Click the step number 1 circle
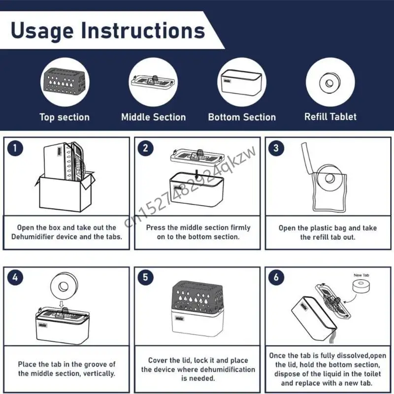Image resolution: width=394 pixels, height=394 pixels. pos(15,148)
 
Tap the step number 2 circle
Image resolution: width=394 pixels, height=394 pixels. pos(145,148)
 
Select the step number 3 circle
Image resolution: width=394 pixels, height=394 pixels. pos(276,148)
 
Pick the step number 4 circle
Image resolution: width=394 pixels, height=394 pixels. pos(15,277)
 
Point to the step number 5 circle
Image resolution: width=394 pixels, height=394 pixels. pos(145,277)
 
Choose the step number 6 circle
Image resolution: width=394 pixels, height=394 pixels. pos(276,277)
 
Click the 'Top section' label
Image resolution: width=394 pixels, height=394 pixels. pos(65,117)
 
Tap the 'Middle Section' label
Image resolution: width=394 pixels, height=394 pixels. pos(154,117)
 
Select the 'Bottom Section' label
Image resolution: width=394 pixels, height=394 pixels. pos(242,117)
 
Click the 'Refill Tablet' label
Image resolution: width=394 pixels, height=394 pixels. pos(330,117)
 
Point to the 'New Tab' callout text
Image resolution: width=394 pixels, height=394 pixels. pos(361,275)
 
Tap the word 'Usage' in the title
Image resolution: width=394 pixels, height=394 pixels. pos(42,31)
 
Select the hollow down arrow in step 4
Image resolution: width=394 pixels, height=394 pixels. pos(61,304)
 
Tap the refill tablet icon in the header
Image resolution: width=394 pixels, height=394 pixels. pos(329,83)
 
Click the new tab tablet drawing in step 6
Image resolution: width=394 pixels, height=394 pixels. pos(361,286)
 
